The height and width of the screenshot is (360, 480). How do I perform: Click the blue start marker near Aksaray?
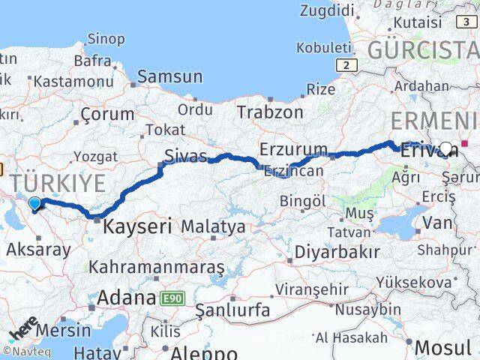[x=34, y=202]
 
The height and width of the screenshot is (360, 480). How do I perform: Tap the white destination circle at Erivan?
[x=446, y=149]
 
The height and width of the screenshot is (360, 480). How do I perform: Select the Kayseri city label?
[x=137, y=225]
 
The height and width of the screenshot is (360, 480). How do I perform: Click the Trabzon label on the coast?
[x=270, y=112]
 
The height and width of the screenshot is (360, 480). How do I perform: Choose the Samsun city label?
[x=169, y=76]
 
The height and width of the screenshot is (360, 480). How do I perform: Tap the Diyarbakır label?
[x=336, y=251]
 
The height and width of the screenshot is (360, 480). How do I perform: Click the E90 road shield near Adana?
[x=170, y=298]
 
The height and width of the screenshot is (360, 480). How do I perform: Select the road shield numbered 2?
[x=344, y=66]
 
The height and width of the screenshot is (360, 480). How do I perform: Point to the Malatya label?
[x=213, y=226]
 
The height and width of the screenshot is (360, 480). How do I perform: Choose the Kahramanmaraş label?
[x=156, y=267]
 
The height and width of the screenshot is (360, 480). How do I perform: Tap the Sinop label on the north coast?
[x=106, y=39]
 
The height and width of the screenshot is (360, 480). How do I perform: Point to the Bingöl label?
[x=302, y=201]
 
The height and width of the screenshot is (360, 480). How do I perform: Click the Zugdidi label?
[x=325, y=10]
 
